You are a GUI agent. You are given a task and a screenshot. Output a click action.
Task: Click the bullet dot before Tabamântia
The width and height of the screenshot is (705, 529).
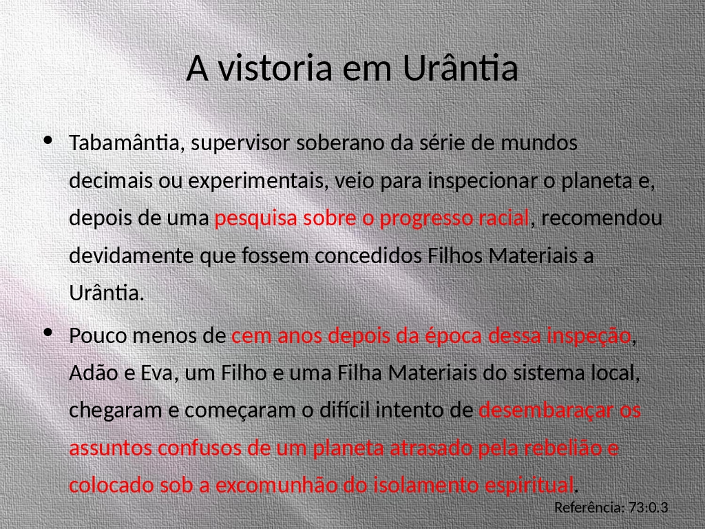coord(48,140)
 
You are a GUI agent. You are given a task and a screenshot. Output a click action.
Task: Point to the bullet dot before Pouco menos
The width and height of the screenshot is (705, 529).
coord(48,333)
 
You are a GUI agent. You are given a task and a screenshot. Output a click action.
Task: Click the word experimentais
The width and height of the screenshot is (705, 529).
coord(258,181)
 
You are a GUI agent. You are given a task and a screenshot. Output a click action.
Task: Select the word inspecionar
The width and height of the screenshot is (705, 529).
coord(483,181)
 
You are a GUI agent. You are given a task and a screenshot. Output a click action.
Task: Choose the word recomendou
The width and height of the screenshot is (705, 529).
coord(602,218)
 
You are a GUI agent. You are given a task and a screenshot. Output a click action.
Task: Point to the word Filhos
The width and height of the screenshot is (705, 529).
coord(454,256)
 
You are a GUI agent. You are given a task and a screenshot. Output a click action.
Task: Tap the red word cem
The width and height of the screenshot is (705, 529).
coord(252,336)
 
